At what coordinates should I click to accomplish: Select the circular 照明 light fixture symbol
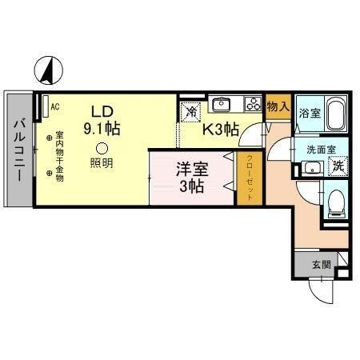(x=101, y=147)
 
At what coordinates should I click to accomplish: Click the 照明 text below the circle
(x=101, y=163)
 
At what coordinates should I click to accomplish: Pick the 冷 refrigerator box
(x=189, y=113)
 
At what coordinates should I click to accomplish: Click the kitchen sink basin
(x=222, y=104)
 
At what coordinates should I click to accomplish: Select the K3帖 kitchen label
(x=219, y=126)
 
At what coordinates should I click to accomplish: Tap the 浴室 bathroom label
(x=309, y=113)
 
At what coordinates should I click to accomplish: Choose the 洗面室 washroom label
(x=320, y=150)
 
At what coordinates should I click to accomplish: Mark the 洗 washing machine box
(x=338, y=167)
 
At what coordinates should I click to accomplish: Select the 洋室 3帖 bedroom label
(x=193, y=178)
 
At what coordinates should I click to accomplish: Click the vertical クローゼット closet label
(x=249, y=181)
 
